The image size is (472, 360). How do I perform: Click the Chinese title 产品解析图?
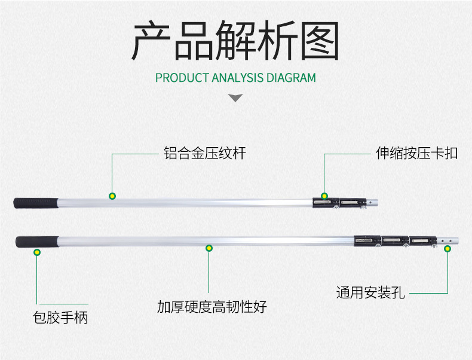click(235, 41)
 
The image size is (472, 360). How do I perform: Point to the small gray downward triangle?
click(236, 97)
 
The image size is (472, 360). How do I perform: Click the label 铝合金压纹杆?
click(204, 153)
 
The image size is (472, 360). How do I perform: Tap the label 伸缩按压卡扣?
click(416, 153)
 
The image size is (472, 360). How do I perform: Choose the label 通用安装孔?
click(370, 293)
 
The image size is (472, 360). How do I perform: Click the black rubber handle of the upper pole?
click(35, 202)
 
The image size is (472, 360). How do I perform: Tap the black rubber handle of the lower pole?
click(37, 242)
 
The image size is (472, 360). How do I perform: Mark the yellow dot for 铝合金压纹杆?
click(112, 196)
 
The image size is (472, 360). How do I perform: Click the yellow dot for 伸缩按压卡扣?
click(324, 196)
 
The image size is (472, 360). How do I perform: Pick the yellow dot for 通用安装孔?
click(447, 248)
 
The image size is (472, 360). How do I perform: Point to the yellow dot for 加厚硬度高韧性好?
click(209, 248)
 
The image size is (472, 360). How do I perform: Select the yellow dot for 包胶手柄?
click(37, 252)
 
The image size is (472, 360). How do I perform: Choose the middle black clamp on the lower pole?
click(394, 240)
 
